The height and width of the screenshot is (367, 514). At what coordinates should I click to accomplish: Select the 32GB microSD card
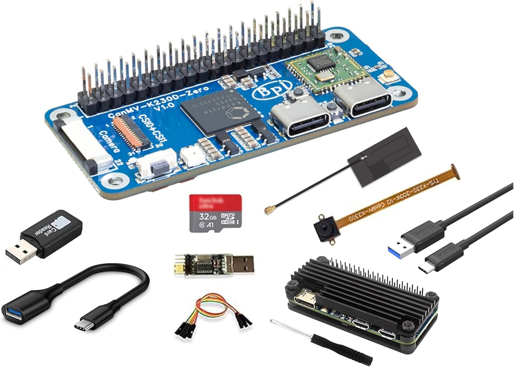click(216, 213)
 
